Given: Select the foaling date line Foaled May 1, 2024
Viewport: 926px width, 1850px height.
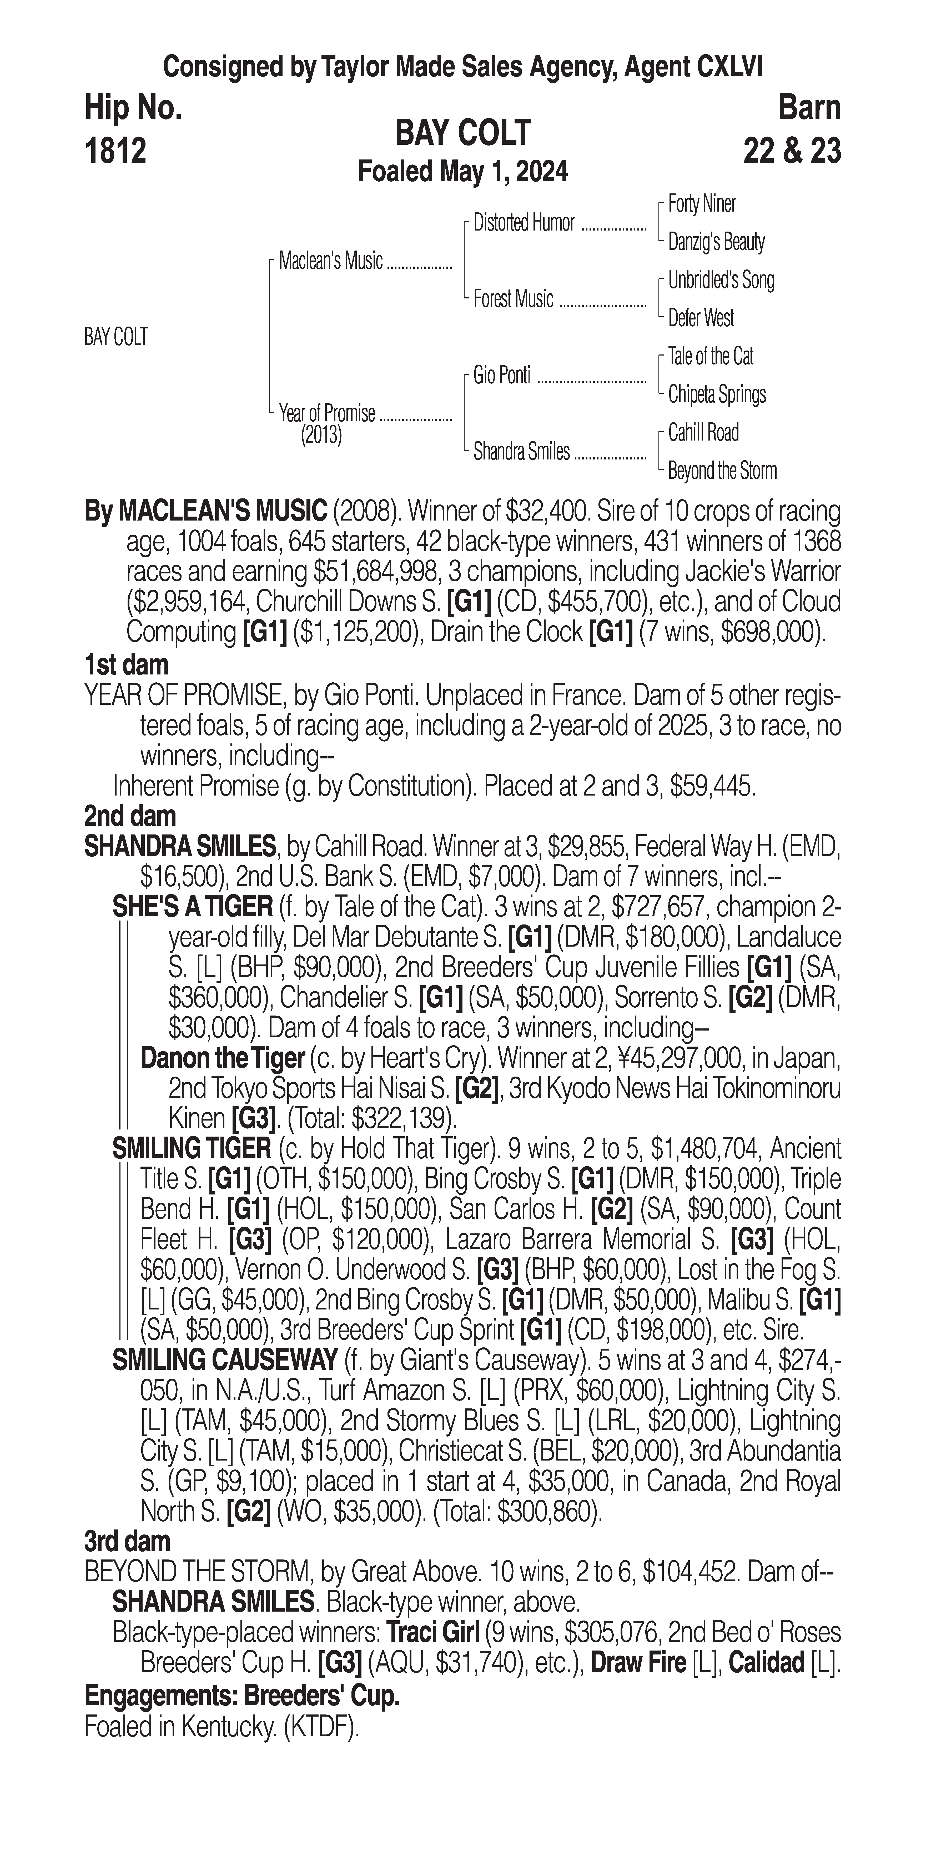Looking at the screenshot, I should coord(463,172).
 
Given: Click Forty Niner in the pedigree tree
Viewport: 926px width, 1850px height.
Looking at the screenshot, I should coord(701,204).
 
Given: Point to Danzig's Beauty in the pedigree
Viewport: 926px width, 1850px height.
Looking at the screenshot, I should coord(716,242).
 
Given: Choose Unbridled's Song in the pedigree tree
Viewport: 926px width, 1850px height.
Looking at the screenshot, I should coord(721,280).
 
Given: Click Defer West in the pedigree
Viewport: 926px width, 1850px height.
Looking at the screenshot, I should coord(701,317).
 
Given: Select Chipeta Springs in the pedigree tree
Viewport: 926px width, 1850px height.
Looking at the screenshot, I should coord(716,394).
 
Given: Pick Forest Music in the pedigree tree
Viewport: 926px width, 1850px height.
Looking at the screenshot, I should coord(513,299).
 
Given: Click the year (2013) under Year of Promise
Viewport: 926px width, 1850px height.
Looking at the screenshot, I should coord(321,435).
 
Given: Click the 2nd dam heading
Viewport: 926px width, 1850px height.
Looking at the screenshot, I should coord(130,817).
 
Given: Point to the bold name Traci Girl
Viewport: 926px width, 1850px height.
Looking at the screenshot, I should coord(433,1633).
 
